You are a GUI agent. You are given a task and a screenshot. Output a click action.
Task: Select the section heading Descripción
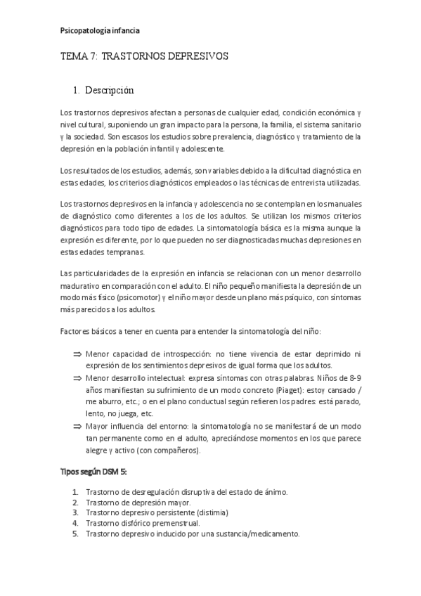point(109,91)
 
